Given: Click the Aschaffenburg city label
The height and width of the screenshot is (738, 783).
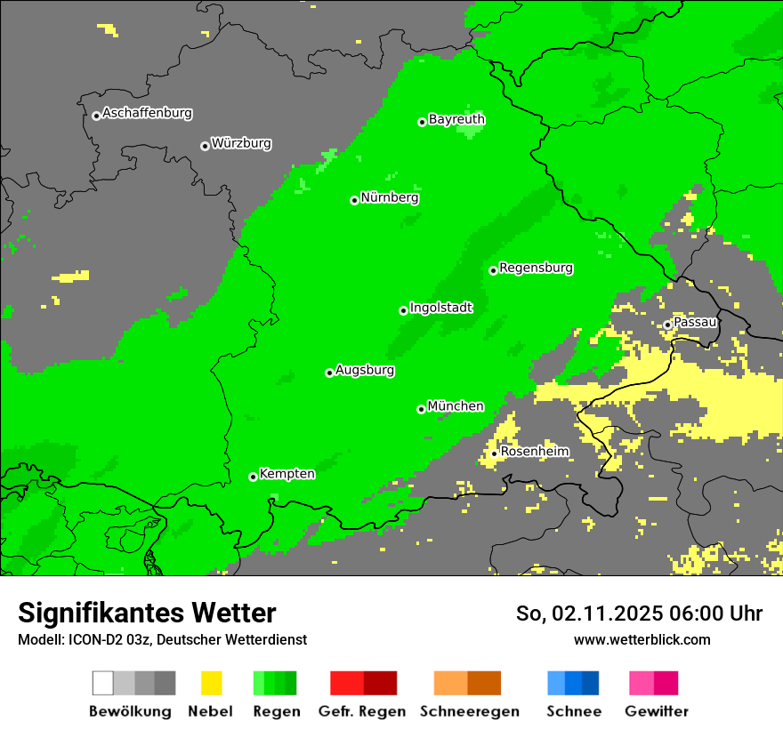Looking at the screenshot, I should [147, 114].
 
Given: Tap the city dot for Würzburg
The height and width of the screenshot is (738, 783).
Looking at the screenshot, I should [205, 146].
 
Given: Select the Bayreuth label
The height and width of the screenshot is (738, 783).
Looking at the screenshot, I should [456, 119].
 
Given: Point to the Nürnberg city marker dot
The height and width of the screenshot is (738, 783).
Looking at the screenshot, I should [354, 200].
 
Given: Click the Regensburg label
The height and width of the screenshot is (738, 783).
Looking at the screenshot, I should [536, 268].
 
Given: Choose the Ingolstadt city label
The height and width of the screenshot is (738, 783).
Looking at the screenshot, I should [440, 308].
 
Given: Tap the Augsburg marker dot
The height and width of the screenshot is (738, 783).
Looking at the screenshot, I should [329, 373].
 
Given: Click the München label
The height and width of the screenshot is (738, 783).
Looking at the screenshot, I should [456, 406].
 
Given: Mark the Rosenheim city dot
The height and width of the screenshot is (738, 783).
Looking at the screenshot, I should [494, 453].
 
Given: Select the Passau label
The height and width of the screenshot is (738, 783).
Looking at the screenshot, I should [695, 322].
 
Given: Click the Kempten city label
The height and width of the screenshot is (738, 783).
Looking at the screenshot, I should [287, 474].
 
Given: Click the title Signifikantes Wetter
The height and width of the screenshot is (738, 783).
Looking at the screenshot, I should [147, 613].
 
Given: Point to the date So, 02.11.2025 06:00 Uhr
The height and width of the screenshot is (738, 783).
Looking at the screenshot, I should [639, 614].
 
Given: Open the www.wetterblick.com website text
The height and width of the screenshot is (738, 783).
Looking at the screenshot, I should [642, 639].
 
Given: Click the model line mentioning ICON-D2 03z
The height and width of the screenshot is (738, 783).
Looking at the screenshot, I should [162, 639].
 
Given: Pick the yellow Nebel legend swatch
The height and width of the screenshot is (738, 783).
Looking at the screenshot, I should [211, 683].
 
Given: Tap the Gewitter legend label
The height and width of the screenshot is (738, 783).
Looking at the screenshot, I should [656, 711].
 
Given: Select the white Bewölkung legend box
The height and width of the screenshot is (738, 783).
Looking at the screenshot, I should [102, 683].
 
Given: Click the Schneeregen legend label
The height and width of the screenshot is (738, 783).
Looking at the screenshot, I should [469, 711].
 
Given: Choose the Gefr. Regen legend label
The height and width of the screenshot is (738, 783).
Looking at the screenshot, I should [361, 711].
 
